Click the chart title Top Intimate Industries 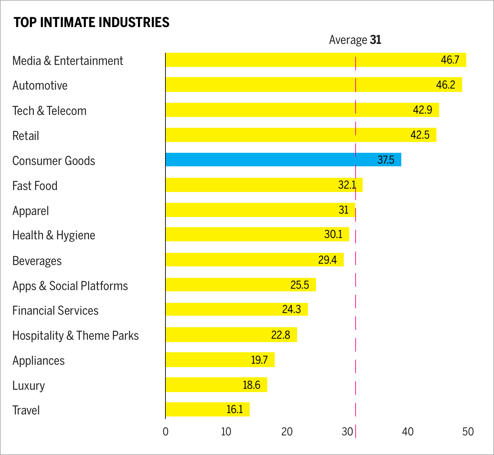click(91, 22)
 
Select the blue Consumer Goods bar click(283, 160)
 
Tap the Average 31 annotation click(355, 40)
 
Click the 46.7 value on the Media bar click(450, 60)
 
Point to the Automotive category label click(40, 86)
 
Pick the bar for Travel click(207, 409)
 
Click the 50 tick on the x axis click(468, 432)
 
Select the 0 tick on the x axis click(165, 432)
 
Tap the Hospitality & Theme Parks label click(75, 336)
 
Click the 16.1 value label click(234, 409)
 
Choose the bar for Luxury click(216, 385)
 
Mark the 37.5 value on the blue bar click(386, 160)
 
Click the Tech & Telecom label click(49, 111)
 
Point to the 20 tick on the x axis click(287, 432)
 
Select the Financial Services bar click(237, 309)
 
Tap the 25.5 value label click(299, 285)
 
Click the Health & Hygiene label click(54, 235)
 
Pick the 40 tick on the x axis click(408, 432)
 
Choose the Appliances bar click(220, 360)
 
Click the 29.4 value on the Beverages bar click(327, 260)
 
